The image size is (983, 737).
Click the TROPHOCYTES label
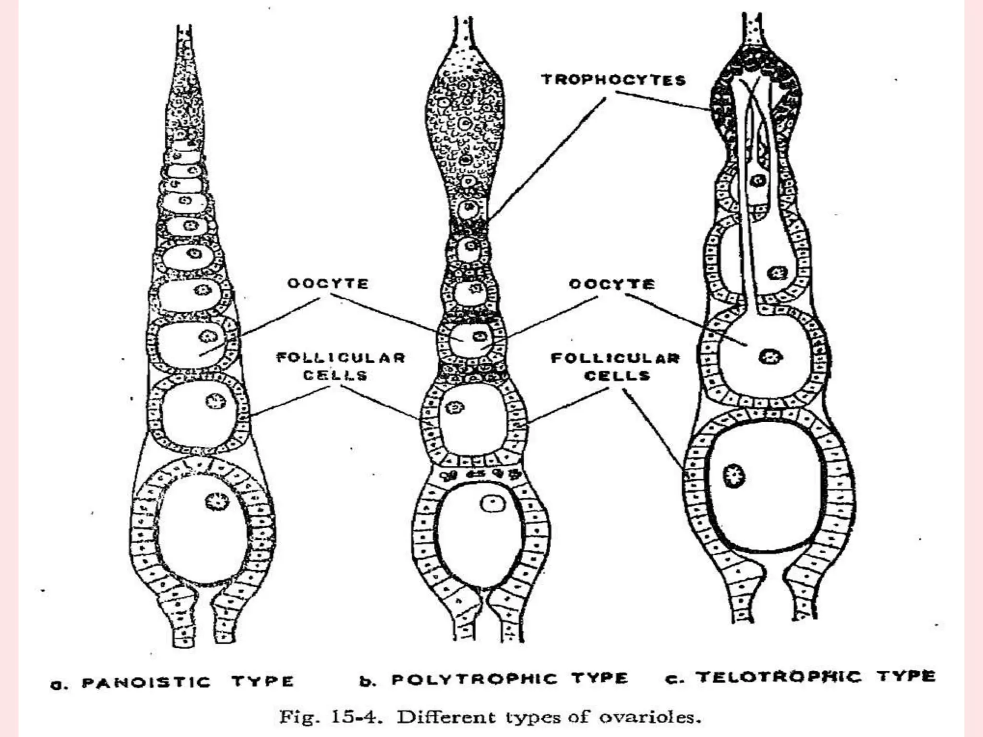click(613, 80)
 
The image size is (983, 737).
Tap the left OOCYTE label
click(328, 284)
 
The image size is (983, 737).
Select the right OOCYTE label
click(611, 284)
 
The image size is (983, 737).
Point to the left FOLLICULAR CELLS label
click(341, 366)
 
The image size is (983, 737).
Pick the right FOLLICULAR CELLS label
click(615, 367)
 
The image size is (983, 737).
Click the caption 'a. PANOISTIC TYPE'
click(172, 682)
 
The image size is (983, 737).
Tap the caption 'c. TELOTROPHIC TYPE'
click(801, 677)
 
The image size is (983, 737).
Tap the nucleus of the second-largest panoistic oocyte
click(215, 401)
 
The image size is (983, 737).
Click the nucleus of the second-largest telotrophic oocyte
click(770, 357)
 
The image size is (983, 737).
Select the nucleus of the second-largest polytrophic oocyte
click(455, 408)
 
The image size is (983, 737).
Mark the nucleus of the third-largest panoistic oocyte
click(208, 336)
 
